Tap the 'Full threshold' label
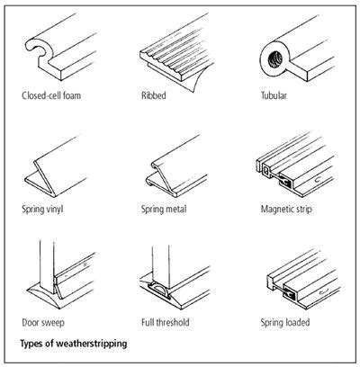tap(168, 321)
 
